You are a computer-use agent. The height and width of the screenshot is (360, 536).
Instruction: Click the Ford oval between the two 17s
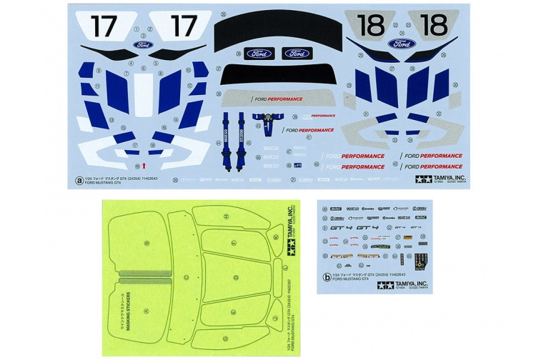pos(142,44)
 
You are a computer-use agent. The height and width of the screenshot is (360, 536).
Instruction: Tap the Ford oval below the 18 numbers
pos(402,44)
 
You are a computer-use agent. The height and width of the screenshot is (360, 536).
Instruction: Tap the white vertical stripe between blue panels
pos(144,93)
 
